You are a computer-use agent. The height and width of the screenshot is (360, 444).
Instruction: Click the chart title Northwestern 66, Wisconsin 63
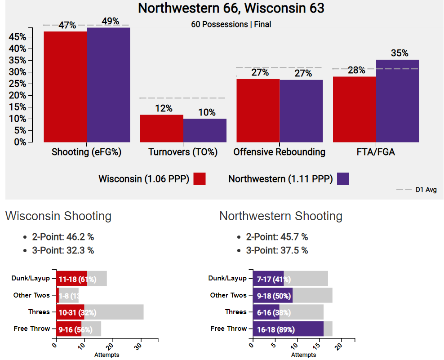tap(231, 8)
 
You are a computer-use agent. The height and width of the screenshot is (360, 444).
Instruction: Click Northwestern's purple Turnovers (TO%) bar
tap(205, 130)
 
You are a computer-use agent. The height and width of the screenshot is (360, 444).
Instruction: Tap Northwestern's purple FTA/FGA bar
tap(398, 101)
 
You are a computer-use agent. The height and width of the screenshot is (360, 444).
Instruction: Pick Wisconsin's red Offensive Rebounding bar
tap(258, 110)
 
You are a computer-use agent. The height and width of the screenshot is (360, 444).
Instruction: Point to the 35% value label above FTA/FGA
tap(400, 53)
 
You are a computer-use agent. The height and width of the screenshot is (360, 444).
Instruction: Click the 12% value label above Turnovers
tap(164, 108)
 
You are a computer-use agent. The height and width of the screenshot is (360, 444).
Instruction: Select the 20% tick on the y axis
tap(19, 95)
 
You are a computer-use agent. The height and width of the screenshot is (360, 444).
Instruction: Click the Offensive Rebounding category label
tap(279, 152)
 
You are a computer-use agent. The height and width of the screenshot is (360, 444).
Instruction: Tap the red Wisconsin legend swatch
tap(200, 179)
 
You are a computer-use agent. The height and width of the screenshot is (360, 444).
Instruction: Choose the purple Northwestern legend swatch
tap(343, 179)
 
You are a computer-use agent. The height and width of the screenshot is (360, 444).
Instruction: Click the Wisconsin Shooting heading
tap(58, 216)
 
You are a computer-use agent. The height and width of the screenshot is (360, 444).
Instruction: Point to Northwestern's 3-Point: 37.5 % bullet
tap(277, 250)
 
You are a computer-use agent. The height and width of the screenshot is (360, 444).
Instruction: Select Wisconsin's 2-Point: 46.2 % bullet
tap(62, 237)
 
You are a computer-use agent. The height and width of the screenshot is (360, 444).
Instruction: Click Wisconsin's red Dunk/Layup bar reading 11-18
tap(71, 279)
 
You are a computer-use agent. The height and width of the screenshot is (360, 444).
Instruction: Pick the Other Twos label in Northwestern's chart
tap(228, 295)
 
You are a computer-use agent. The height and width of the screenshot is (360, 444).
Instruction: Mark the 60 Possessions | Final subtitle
tap(231, 24)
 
